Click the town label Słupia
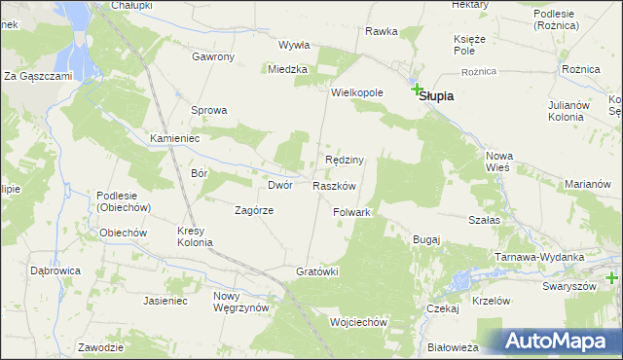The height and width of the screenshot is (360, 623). click(438, 97)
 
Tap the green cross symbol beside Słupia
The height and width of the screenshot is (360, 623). click(418, 89)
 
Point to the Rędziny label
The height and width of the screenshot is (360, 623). click(345, 160)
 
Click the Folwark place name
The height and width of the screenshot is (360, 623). click(352, 212)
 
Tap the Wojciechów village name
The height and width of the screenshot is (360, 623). click(359, 322)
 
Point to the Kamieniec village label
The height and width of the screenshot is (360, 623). click(174, 139)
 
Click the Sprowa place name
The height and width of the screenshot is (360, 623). click(208, 110)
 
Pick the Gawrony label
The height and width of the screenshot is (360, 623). click(213, 56)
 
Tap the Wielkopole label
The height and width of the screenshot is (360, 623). click(357, 92)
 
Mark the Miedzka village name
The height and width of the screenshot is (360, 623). click(289, 69)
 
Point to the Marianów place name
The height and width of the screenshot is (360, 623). click(587, 184)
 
